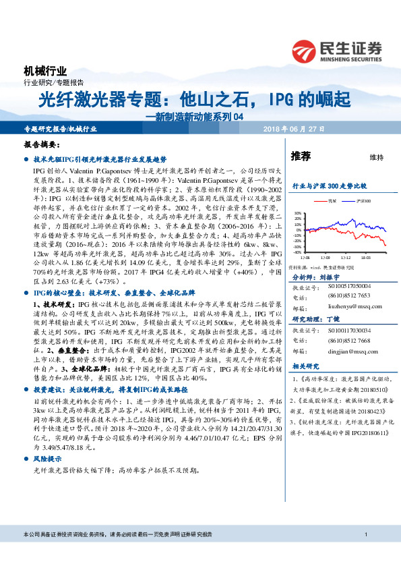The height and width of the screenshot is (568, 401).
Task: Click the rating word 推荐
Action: pos(301,157)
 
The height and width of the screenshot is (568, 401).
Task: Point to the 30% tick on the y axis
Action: pos(297,214)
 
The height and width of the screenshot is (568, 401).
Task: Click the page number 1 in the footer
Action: pos(365,554)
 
